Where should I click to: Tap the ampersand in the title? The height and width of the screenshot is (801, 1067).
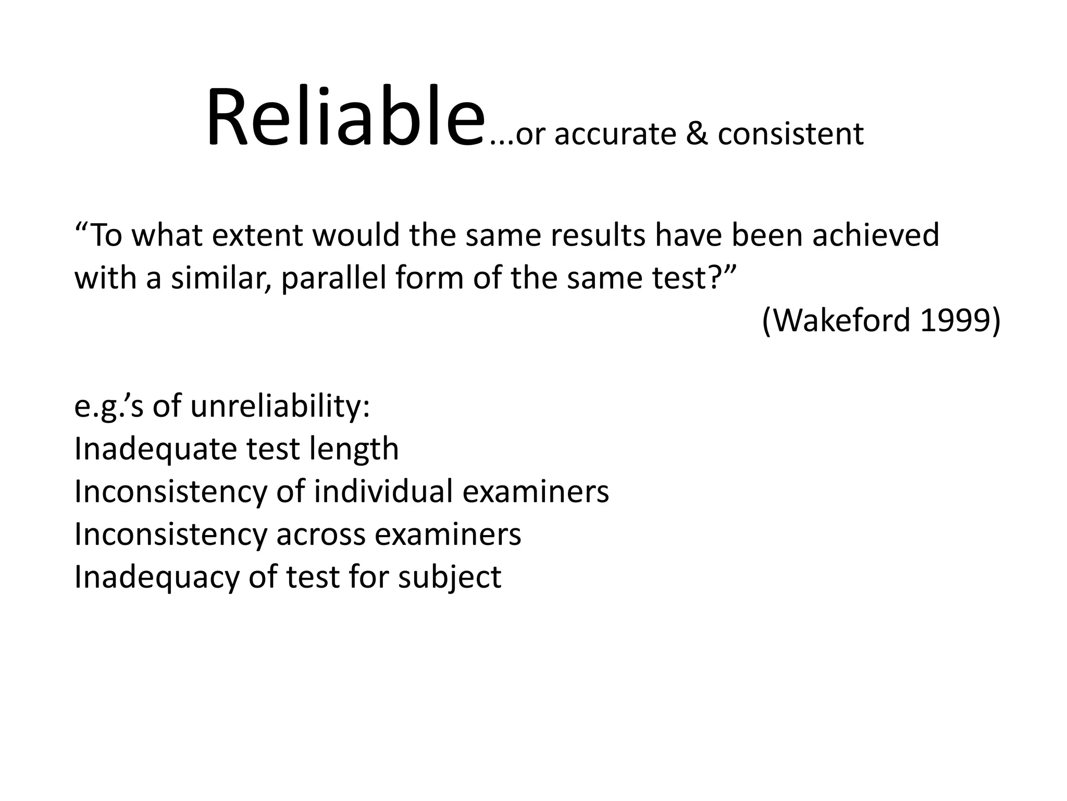pyautogui.click(x=697, y=133)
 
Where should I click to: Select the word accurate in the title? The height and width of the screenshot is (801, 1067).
pyautogui.click(x=615, y=135)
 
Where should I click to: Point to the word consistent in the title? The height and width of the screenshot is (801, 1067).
pyautogui.click(x=790, y=133)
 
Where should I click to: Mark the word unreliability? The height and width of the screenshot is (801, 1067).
pyautogui.click(x=280, y=406)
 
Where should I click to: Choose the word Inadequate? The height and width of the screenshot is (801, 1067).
pyautogui.click(x=155, y=449)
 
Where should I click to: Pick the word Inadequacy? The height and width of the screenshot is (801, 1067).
pyautogui.click(x=156, y=578)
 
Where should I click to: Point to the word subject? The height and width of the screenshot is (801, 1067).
pyautogui.click(x=449, y=578)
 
